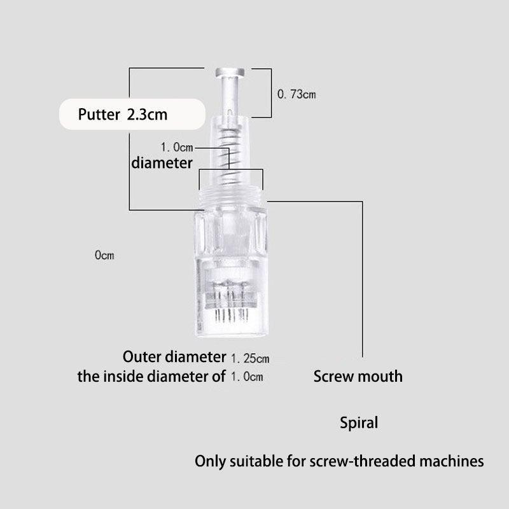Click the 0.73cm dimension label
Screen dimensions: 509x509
click(x=296, y=95)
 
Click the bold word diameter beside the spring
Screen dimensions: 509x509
click(x=162, y=163)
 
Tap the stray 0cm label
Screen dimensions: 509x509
click(x=104, y=255)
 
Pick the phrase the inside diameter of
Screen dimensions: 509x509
click(x=151, y=375)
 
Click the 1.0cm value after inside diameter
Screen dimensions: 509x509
click(x=246, y=377)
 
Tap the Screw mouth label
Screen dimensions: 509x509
click(x=358, y=376)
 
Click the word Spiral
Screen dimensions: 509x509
click(x=359, y=422)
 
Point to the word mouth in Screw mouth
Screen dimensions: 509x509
click(x=380, y=376)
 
